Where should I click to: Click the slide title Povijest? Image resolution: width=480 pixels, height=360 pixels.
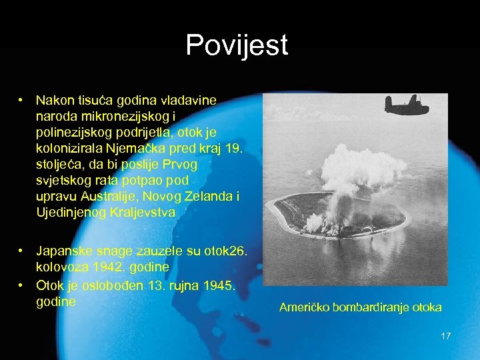[237, 45]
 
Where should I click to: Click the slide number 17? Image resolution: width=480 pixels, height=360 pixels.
[446, 336]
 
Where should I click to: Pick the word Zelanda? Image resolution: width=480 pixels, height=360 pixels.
[197, 196]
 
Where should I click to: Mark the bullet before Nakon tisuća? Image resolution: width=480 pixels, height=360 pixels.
[22, 100]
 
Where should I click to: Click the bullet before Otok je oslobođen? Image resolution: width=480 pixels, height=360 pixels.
[22, 285]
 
